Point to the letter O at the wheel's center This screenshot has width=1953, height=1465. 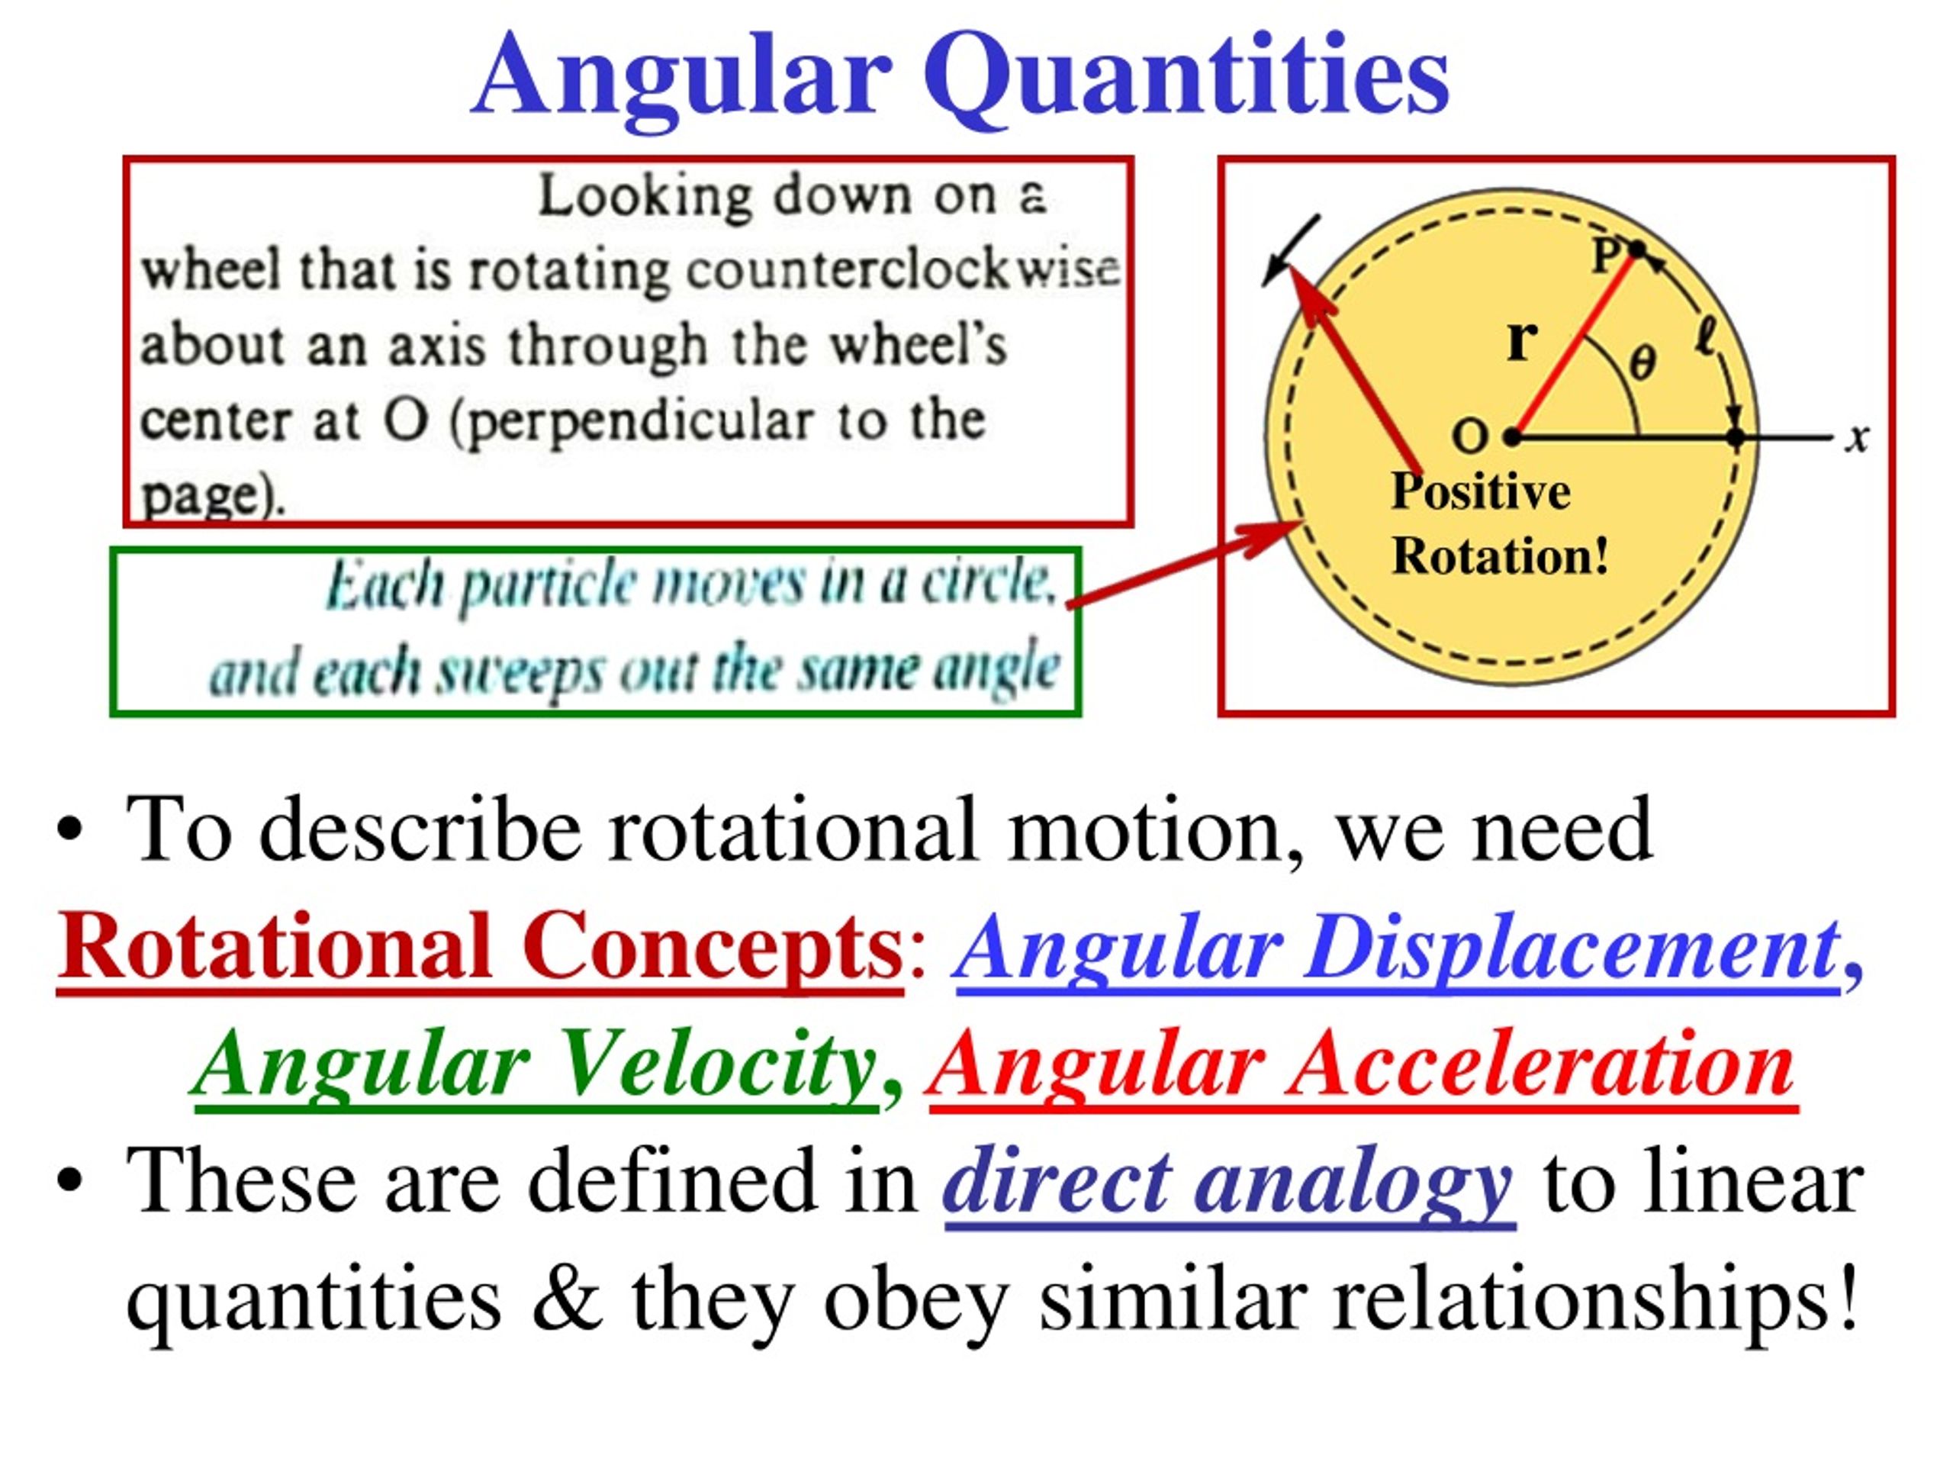pos(1470,436)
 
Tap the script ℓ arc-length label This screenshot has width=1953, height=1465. pos(1706,338)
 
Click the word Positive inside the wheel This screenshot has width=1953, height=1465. pos(1481,492)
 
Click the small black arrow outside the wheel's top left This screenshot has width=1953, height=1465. pos(1291,251)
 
